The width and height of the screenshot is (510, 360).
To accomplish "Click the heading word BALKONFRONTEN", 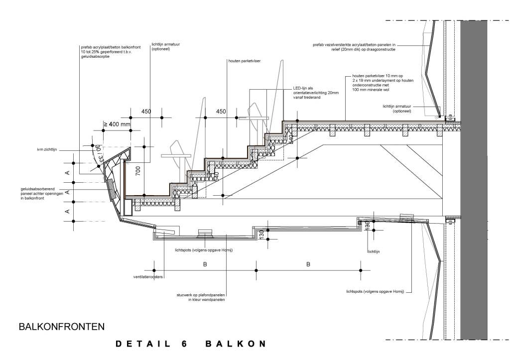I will coord(61,327).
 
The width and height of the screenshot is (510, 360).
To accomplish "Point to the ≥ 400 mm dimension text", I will coord(116,124).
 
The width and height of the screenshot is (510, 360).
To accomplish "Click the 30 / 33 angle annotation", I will coord(98,152).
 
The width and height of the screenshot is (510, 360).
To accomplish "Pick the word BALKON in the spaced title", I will coord(235,344).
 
